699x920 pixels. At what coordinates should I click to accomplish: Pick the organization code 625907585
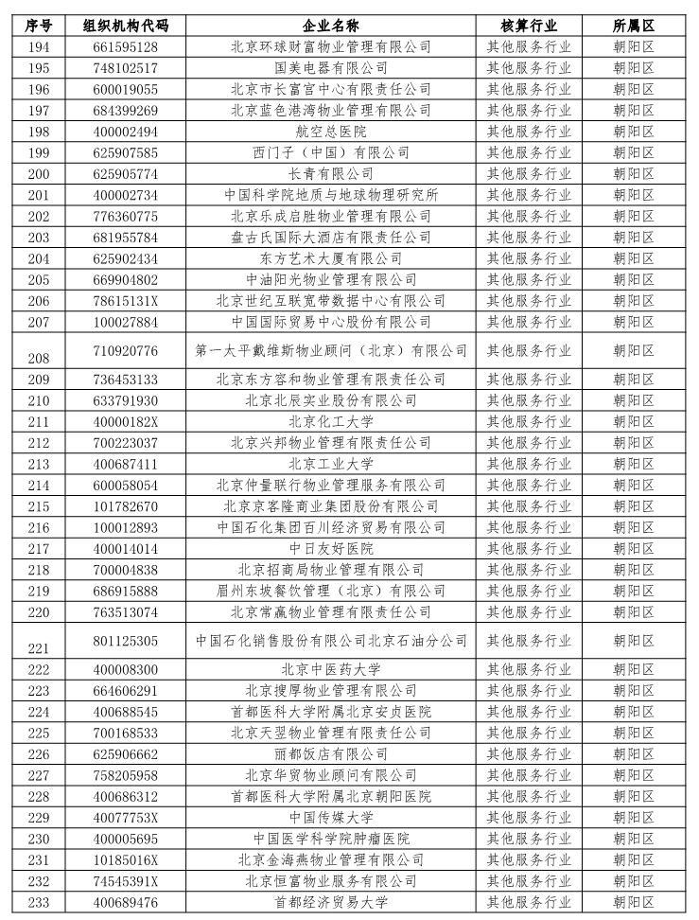[127, 152]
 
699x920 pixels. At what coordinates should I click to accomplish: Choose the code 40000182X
[127, 422]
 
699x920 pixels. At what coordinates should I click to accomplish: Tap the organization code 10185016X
[127, 859]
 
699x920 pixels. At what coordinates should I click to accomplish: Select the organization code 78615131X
[127, 301]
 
